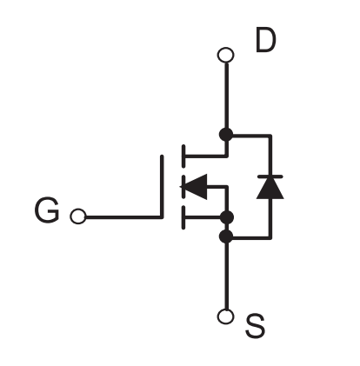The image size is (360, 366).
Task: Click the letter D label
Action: coord(266,40)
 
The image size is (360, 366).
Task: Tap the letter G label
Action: coord(47,210)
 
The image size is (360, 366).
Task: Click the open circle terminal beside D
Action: coord(225,55)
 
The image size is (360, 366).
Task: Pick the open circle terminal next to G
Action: coord(78,216)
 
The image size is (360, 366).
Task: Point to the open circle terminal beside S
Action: coord(225,316)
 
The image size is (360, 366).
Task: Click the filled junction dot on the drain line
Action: coord(226,135)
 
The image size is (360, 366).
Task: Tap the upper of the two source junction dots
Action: coord(226,217)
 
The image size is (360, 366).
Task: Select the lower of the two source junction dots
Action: coord(226,236)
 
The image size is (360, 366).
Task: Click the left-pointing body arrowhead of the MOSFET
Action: coord(194,187)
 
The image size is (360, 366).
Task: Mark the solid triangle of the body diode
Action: coord(270,188)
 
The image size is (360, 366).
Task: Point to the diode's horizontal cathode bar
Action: coord(270,176)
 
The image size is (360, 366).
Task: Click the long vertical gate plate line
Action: coord(162,186)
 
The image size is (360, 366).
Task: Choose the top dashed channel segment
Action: coord(183,156)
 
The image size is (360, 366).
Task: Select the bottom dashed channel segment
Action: coord(183,217)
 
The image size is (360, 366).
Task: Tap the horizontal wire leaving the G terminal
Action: coord(123,216)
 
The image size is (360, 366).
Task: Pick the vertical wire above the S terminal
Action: coord(226,276)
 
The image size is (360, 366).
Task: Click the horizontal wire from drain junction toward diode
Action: coord(252,135)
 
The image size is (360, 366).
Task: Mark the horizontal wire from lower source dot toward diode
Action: coord(252,238)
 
